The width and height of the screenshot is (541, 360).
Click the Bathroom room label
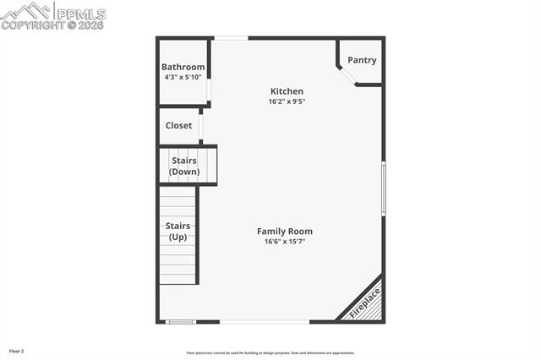point(183,68)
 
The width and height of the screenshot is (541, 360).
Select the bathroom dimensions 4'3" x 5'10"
point(183,77)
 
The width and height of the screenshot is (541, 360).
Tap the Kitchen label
point(287,91)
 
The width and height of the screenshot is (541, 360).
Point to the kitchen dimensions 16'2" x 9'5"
point(287,101)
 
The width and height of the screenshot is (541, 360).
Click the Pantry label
point(362,60)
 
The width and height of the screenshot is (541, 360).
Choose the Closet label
point(178,126)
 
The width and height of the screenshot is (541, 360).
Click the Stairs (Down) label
point(184,166)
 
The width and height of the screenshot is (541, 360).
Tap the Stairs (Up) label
point(178,232)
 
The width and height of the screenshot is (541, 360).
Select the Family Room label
point(285,232)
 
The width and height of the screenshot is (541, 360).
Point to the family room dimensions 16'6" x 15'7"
point(285,242)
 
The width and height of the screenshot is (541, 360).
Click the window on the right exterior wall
point(383,188)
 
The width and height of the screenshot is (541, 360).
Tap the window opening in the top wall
point(231,38)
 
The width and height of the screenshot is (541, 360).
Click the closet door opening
point(201,126)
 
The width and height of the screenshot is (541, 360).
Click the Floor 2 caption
point(17,351)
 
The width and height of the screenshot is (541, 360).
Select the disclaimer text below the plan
point(270,353)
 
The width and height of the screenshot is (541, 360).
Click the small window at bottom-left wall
point(179,321)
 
